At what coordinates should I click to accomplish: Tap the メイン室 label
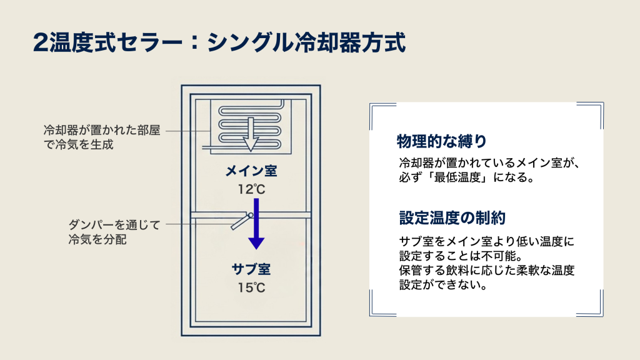coord(252,171)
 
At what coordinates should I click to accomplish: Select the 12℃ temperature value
coord(252,189)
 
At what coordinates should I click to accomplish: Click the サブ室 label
coord(252,271)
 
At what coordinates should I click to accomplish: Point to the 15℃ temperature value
coord(252,288)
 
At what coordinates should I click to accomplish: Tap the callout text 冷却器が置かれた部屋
coord(102,131)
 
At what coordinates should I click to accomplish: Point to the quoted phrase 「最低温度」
coord(459,177)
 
